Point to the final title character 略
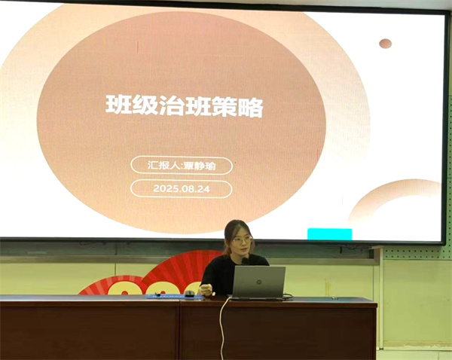tap(250, 106)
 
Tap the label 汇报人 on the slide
tap(163, 166)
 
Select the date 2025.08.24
tap(182, 189)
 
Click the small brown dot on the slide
tap(386, 44)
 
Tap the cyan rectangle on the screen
tap(329, 233)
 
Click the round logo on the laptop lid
tap(259, 282)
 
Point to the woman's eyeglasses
tap(241, 240)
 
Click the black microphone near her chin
tap(245, 261)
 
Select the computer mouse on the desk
tap(189, 294)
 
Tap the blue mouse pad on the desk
tap(174, 296)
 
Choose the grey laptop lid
tap(258, 282)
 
